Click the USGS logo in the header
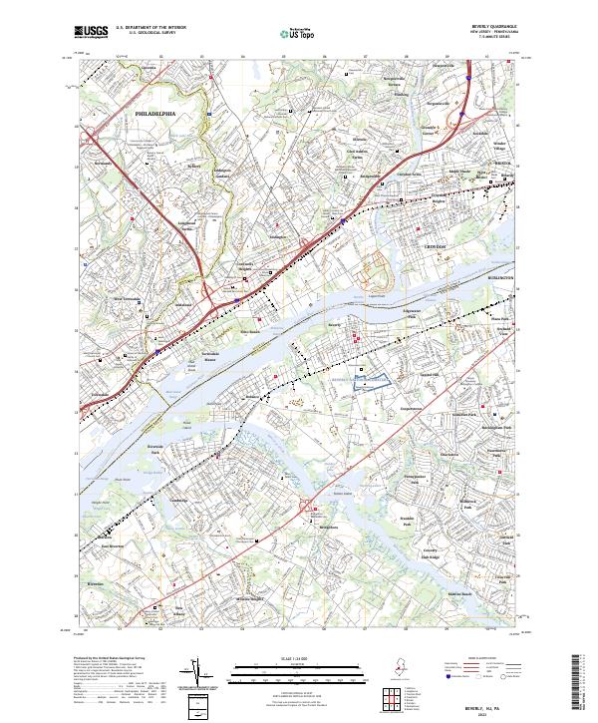[92, 32]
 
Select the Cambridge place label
[178, 500]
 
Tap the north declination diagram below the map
[210, 675]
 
